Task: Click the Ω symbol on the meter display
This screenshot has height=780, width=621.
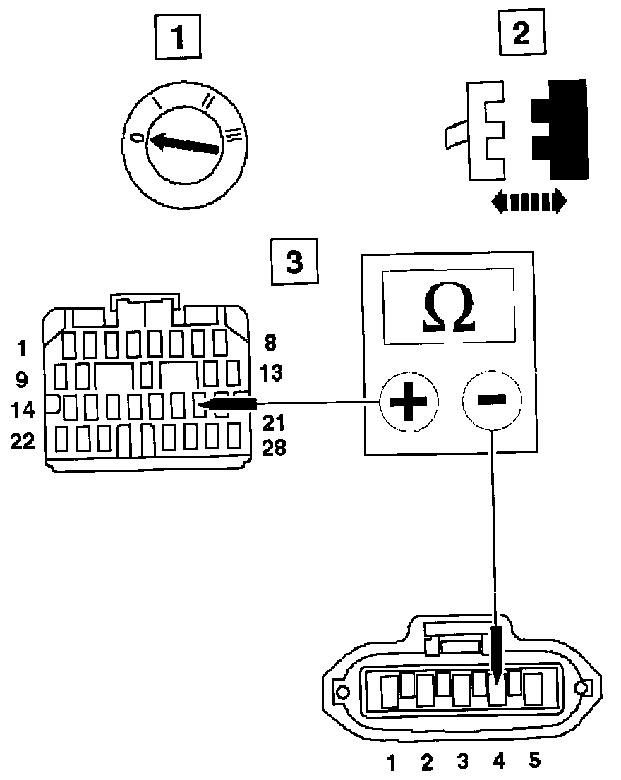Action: pyautogui.click(x=449, y=310)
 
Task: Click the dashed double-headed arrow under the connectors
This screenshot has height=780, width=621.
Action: pyautogui.click(x=529, y=201)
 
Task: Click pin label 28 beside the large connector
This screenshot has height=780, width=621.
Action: pyautogui.click(x=274, y=448)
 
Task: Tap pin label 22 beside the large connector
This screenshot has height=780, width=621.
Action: pyautogui.click(x=23, y=441)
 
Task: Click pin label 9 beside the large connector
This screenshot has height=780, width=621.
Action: pyautogui.click(x=21, y=380)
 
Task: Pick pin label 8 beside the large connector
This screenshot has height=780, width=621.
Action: pyautogui.click(x=270, y=343)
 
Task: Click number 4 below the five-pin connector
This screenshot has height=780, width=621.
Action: pyautogui.click(x=498, y=761)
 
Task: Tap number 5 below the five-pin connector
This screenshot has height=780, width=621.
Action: pyautogui.click(x=534, y=760)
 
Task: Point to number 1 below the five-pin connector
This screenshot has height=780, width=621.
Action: pyautogui.click(x=390, y=762)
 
